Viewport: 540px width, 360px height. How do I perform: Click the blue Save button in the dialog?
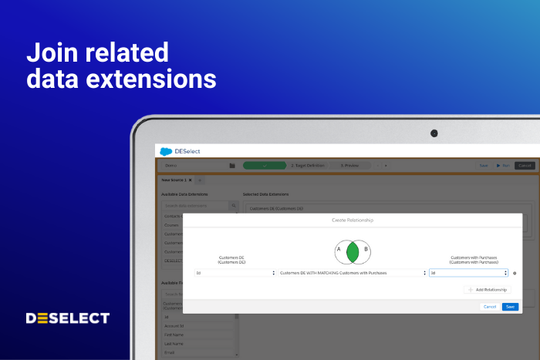[x=509, y=306]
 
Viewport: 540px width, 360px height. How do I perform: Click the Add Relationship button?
[x=488, y=289]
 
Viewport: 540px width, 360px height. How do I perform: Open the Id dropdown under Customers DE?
[x=235, y=273]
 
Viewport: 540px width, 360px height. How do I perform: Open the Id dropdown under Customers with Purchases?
[x=468, y=273]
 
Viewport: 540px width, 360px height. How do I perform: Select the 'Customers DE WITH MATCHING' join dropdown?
[x=352, y=273]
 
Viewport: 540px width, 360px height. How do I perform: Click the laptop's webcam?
[x=434, y=133]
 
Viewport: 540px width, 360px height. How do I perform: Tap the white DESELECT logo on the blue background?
[x=68, y=318]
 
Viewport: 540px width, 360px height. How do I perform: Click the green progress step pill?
[x=265, y=165]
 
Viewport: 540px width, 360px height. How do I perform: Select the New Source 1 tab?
[x=174, y=180]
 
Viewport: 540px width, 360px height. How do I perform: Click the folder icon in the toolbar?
[x=232, y=165]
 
